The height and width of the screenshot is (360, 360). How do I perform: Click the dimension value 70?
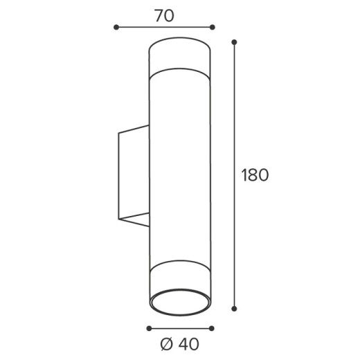(164, 16)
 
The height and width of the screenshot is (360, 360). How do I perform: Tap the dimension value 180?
(255, 175)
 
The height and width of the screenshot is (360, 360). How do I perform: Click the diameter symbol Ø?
(166, 344)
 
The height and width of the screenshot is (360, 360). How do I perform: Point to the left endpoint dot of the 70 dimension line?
(116, 27)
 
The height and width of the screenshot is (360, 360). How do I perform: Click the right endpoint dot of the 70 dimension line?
(213, 27)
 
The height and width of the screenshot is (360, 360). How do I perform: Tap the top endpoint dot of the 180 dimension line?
(234, 42)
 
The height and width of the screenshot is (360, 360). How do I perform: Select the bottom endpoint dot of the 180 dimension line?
(234, 309)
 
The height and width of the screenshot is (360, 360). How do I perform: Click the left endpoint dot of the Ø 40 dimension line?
(149, 328)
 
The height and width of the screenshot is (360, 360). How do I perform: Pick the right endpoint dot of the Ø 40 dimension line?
(211, 328)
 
